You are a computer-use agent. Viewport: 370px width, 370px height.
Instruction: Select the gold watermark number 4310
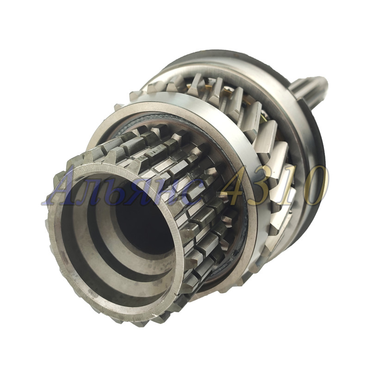(274, 186)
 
